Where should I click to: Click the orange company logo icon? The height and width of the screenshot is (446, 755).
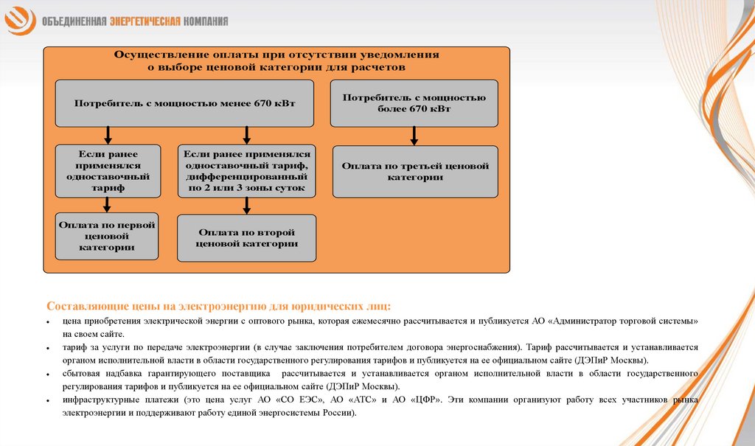click(x=21, y=19)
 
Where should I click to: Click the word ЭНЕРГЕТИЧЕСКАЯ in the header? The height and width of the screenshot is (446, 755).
click(x=145, y=21)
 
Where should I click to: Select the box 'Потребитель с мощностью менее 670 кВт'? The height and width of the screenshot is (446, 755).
click(x=185, y=102)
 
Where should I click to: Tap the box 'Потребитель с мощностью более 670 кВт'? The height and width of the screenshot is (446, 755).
click(x=414, y=102)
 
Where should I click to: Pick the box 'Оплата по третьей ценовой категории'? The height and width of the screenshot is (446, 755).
click(x=415, y=171)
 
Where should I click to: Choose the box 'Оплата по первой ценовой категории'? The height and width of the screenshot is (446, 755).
click(x=108, y=236)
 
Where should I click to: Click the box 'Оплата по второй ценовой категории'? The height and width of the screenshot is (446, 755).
click(x=247, y=237)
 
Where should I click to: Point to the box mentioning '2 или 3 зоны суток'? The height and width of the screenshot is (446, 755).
click(x=247, y=171)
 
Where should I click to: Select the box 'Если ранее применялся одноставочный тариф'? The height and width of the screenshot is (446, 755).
click(x=108, y=171)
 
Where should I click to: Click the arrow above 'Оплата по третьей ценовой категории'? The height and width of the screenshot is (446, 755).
click(x=414, y=136)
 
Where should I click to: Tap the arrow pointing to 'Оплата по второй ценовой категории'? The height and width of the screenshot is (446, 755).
click(x=247, y=206)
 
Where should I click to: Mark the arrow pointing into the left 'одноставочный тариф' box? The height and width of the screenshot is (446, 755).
click(x=108, y=135)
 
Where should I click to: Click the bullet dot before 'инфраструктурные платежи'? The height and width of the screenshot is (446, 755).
click(x=47, y=400)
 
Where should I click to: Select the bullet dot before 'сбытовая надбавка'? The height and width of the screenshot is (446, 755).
click(x=47, y=375)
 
